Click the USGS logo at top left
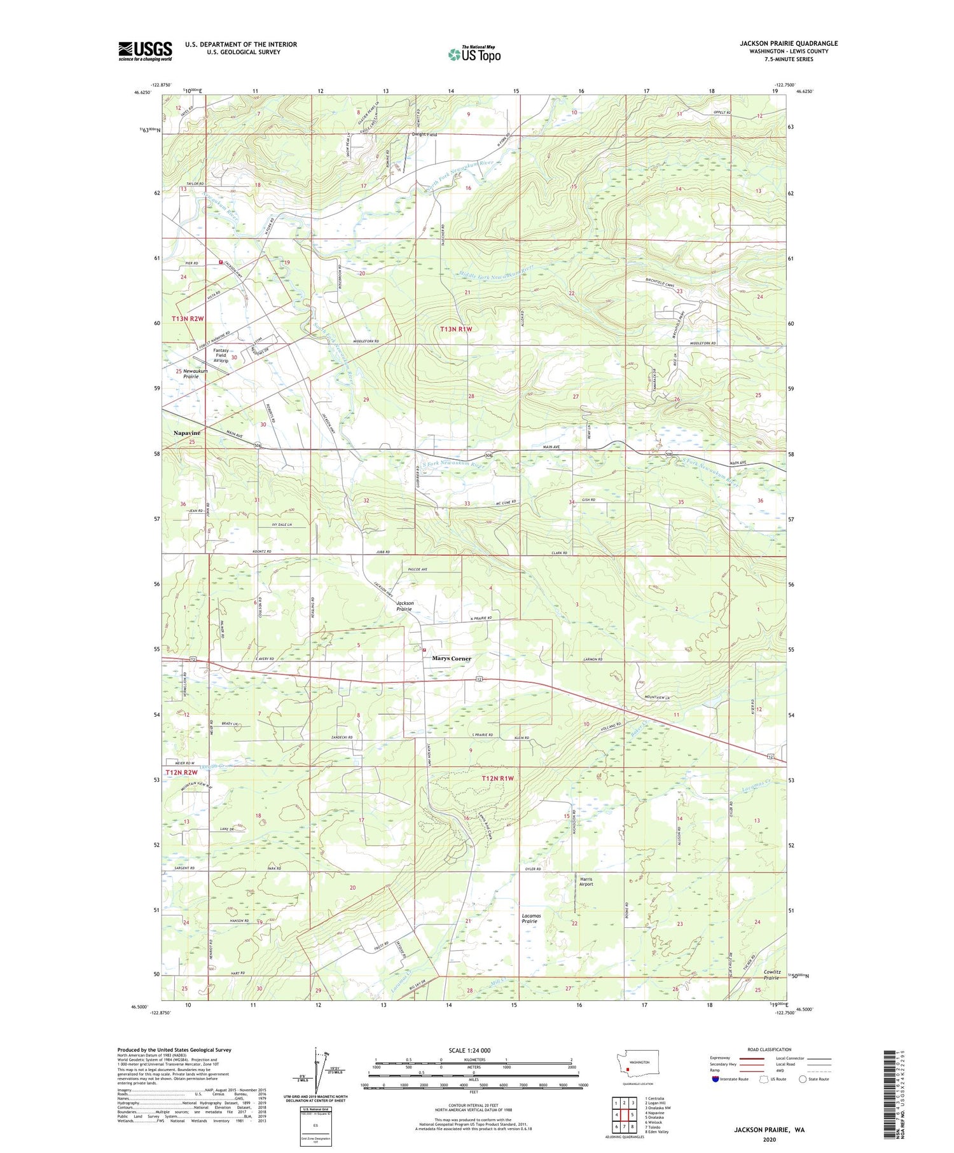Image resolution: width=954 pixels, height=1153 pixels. click(145, 51)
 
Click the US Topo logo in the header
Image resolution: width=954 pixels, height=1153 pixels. click(474, 55)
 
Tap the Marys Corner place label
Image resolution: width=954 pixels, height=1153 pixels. click(452, 658)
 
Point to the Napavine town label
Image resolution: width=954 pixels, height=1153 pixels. click(186, 433)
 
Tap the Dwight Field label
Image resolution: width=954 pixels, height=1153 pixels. click(424, 135)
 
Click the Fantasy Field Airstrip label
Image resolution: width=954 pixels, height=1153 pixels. click(221, 356)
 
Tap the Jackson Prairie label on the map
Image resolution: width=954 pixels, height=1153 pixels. click(405, 606)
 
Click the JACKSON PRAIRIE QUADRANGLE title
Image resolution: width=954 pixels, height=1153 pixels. click(780, 43)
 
